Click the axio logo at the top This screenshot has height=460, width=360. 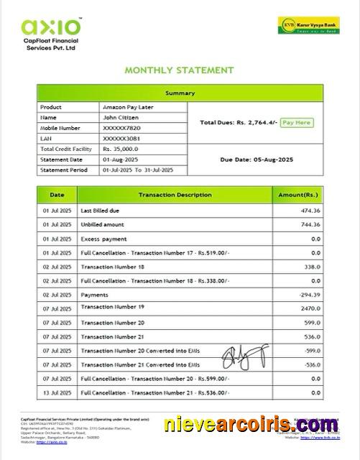coord(52,28)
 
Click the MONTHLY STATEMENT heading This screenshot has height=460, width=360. coord(180,70)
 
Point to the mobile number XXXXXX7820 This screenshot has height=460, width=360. coord(124,127)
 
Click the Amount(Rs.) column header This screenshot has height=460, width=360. coord(298,195)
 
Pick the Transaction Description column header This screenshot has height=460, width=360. coord(175,195)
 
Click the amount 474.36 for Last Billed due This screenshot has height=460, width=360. coord(310,211)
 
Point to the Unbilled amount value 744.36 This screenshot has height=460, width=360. coord(310,225)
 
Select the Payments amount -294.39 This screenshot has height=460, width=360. coord(309,295)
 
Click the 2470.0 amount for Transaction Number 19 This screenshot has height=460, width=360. coord(310,308)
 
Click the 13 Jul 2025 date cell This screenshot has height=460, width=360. coord(55,392)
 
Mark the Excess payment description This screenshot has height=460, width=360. coord(103,239)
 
